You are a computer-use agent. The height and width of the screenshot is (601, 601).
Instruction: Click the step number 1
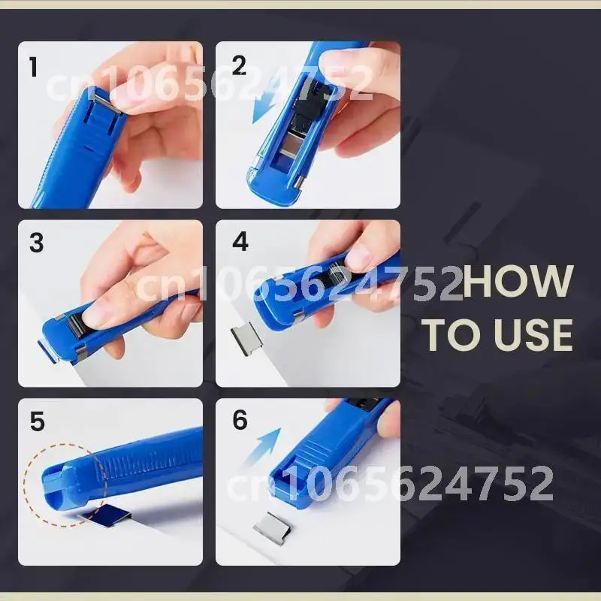pyautogui.click(x=34, y=67)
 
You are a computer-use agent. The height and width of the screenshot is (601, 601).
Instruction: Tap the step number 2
pyautogui.click(x=239, y=65)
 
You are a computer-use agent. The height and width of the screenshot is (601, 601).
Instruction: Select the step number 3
pyautogui.click(x=36, y=243)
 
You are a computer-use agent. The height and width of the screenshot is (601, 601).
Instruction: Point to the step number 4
pyautogui.click(x=240, y=241)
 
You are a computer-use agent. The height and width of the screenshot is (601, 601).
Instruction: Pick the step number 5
pyautogui.click(x=37, y=421)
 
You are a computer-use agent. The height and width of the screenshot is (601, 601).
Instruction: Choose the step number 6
pyautogui.click(x=240, y=420)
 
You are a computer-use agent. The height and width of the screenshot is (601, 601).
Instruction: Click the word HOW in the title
pyautogui.click(x=518, y=281)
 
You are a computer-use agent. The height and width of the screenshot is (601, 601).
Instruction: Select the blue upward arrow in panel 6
pyautogui.click(x=265, y=445)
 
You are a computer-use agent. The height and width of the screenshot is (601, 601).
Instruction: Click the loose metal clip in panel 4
pyautogui.click(x=244, y=340)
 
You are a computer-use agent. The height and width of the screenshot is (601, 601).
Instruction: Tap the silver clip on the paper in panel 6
pyautogui.click(x=273, y=529)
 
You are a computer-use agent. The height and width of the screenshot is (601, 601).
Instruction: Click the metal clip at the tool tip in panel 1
pyautogui.click(x=108, y=103)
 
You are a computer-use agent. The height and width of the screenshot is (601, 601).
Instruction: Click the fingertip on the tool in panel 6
pyautogui.click(x=387, y=421)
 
